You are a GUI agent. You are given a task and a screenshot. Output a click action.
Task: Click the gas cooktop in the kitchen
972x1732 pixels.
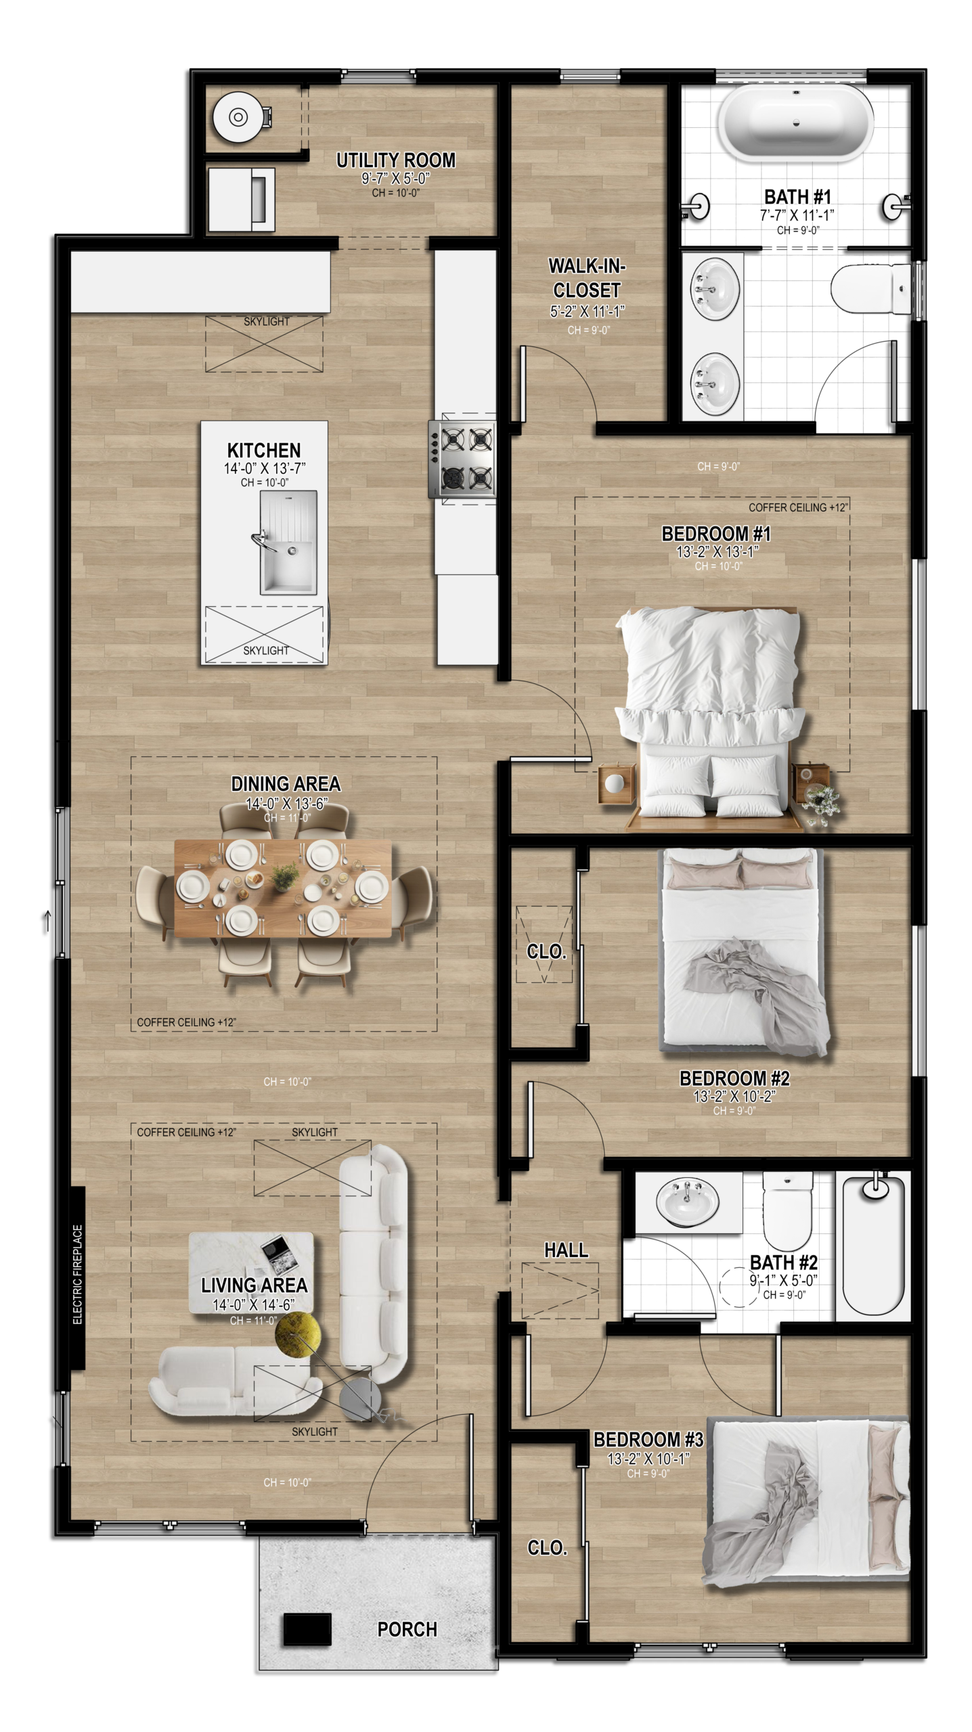coord(463,459)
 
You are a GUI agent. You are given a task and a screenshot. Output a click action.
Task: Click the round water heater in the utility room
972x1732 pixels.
coord(238,117)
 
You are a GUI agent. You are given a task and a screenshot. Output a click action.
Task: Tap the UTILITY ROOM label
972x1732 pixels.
coord(396,160)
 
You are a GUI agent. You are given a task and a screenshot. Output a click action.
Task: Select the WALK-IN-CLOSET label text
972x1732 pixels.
coord(587,278)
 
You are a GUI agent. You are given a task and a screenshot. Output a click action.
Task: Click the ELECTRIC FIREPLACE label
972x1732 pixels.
coord(77,1275)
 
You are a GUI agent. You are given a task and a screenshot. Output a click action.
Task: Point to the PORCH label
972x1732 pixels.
coord(407,1629)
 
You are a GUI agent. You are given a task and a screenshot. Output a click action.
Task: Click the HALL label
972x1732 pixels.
coord(566,1250)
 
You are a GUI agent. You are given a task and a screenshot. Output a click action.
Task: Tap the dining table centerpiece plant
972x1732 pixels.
coord(284,877)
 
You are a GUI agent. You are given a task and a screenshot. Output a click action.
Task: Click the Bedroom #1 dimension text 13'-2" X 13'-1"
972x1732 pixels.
coord(717,551)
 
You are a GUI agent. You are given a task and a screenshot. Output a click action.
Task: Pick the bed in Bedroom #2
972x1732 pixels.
coord(743,951)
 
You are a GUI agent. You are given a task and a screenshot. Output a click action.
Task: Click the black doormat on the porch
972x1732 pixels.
coord(307,1629)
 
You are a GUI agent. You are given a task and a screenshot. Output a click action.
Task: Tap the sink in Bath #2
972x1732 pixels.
coord(687,1202)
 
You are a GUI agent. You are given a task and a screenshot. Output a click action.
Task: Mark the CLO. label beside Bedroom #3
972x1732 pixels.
coord(547,1548)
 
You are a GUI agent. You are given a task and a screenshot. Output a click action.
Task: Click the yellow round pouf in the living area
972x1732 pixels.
coord(298,1334)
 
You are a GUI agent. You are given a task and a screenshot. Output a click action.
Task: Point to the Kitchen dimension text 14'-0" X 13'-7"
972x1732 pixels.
coord(265,468)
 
